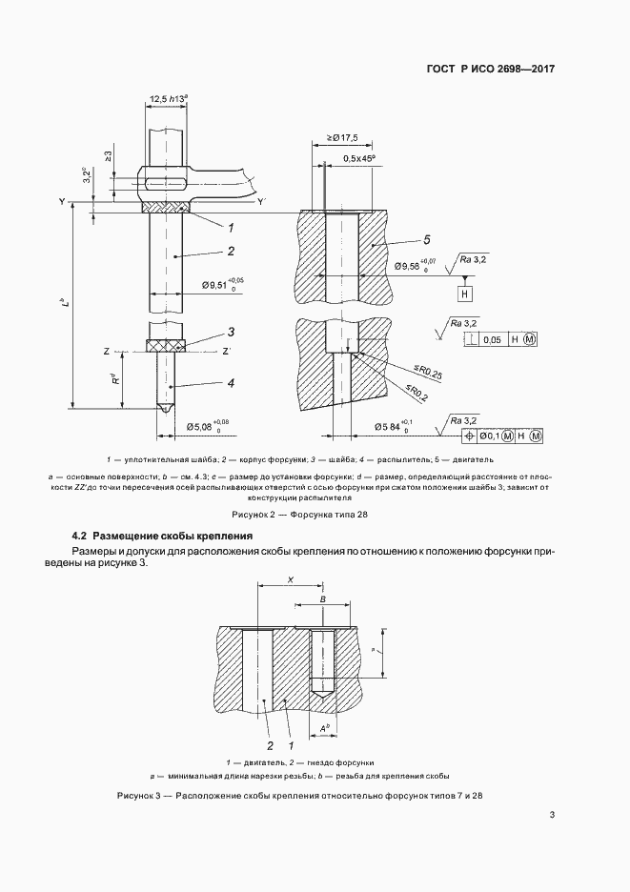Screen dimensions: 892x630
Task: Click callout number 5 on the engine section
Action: click(x=427, y=239)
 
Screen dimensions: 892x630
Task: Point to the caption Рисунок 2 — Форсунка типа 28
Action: click(x=315, y=514)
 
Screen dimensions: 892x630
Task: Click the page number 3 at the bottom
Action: click(x=553, y=815)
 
